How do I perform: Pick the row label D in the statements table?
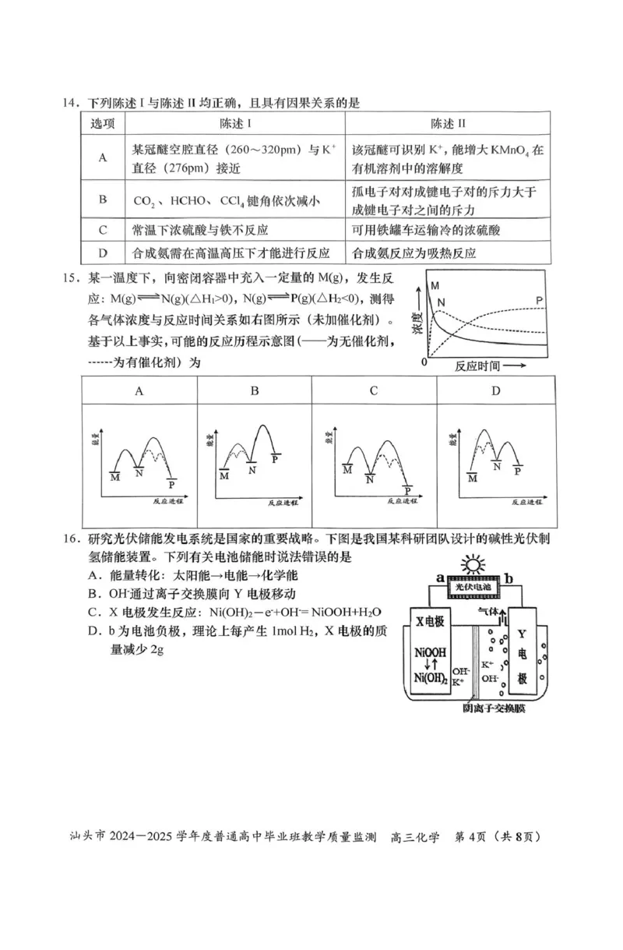pyautogui.click(x=102, y=253)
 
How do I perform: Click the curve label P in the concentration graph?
pyautogui.click(x=540, y=300)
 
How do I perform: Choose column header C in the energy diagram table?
pyautogui.click(x=373, y=391)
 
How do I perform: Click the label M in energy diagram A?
pyautogui.click(x=115, y=476)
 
